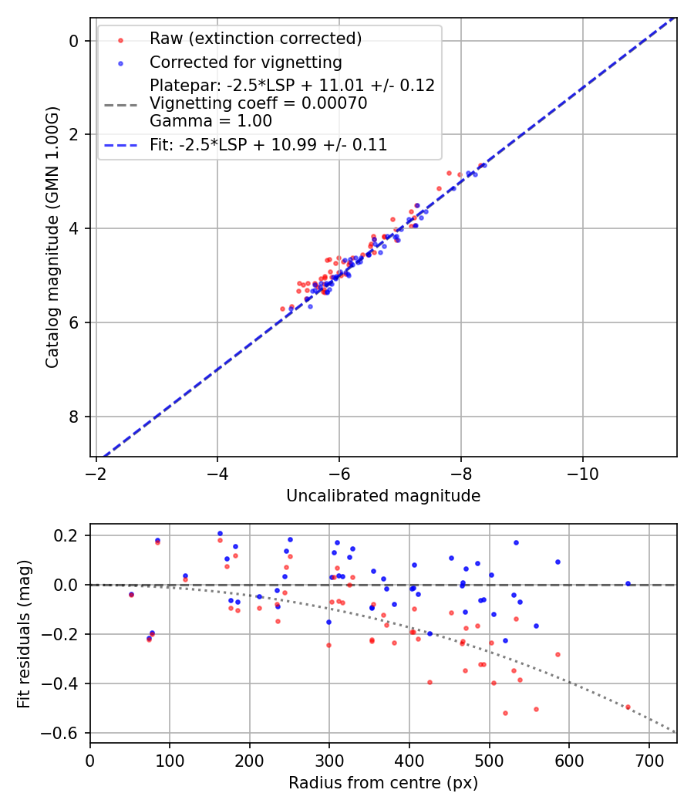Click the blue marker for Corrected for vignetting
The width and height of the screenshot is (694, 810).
pyautogui.click(x=120, y=62)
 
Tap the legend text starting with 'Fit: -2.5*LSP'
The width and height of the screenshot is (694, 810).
pyautogui.click(x=268, y=144)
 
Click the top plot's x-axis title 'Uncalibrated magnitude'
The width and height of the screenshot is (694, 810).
pyautogui.click(x=383, y=496)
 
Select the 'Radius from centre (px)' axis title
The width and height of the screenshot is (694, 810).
pyautogui.click(x=383, y=783)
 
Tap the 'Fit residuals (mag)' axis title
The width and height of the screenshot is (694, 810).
pyautogui.click(x=24, y=633)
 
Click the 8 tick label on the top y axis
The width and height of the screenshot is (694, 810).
pyautogui.click(x=74, y=417)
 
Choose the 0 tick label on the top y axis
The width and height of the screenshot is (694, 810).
pyautogui.click(x=74, y=41)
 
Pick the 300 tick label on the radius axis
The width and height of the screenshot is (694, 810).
pyautogui.click(x=329, y=760)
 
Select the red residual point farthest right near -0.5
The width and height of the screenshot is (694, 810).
pyautogui.click(x=628, y=707)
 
